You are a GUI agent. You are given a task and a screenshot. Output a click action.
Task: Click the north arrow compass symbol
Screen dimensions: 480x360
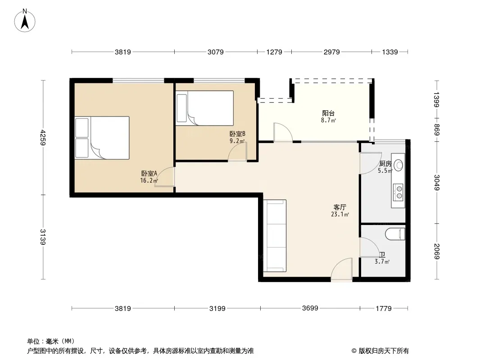click(25, 20)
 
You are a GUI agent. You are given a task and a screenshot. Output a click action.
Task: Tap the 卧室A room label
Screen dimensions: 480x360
click(149, 173)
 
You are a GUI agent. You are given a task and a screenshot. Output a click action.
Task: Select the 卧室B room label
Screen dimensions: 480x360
click(237, 134)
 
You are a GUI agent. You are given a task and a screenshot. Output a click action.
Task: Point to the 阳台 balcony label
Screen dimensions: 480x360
click(328, 113)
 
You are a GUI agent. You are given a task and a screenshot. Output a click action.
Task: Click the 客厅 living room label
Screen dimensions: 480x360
click(340, 207)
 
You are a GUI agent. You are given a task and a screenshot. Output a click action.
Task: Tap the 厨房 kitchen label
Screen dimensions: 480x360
click(385, 164)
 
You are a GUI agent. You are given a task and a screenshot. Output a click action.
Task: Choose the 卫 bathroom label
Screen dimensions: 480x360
click(382, 255)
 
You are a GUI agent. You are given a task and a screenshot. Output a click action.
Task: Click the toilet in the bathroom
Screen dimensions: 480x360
click(395, 234)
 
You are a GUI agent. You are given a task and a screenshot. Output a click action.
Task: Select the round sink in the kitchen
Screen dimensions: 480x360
click(398, 165)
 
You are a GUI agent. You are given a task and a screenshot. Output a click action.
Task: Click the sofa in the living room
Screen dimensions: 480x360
click(275, 236)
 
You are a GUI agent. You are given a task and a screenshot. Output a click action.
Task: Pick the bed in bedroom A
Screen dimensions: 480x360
click(102, 138)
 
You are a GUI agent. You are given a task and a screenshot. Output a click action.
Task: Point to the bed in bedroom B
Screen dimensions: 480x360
click(205, 108)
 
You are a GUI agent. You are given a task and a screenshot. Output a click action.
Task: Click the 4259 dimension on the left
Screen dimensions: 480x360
click(43, 137)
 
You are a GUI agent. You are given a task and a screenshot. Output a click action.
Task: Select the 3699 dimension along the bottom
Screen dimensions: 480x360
click(310, 308)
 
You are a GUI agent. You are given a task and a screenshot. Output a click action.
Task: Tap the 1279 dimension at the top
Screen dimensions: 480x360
click(274, 52)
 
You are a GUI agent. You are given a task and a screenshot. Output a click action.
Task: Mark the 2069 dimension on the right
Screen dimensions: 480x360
click(437, 252)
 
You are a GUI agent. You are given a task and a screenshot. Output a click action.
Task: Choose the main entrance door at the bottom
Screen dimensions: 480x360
click(342, 269)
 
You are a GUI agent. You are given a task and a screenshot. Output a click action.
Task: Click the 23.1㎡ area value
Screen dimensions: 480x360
click(340, 214)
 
